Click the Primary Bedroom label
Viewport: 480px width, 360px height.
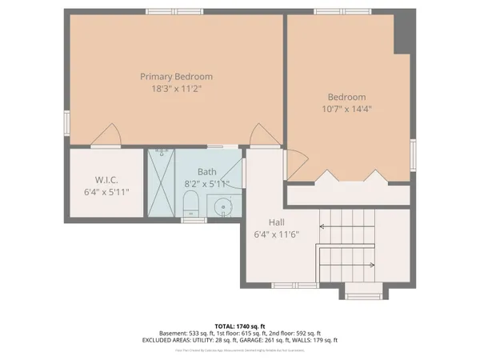[176, 77]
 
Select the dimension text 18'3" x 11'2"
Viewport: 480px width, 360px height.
[176, 90]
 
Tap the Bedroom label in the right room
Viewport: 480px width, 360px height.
[346, 98]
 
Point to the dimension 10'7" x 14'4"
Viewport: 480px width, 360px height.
[346, 110]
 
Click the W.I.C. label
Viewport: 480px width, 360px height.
[106, 180]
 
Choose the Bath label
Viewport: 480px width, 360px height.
[207, 171]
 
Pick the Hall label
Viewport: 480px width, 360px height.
[278, 223]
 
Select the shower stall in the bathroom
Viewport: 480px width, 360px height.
[164, 182]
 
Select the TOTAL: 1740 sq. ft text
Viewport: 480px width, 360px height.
[240, 326]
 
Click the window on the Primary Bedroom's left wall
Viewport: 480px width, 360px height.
[66, 122]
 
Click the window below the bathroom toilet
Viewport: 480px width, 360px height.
[194, 220]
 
